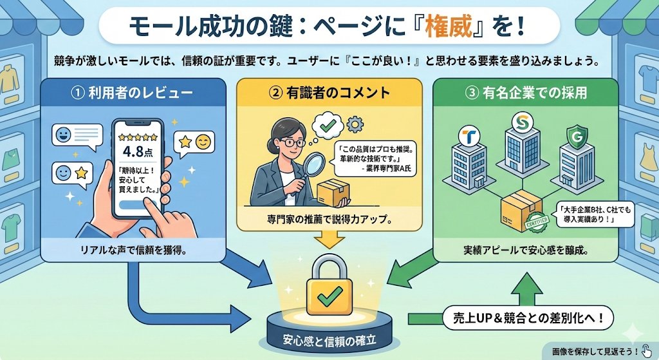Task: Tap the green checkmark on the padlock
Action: [x=329, y=296]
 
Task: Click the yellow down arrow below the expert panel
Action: [x=329, y=240]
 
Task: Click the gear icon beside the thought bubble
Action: [x=351, y=124]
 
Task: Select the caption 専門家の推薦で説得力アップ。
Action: [x=329, y=220]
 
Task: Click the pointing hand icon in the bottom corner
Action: [x=645, y=350]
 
